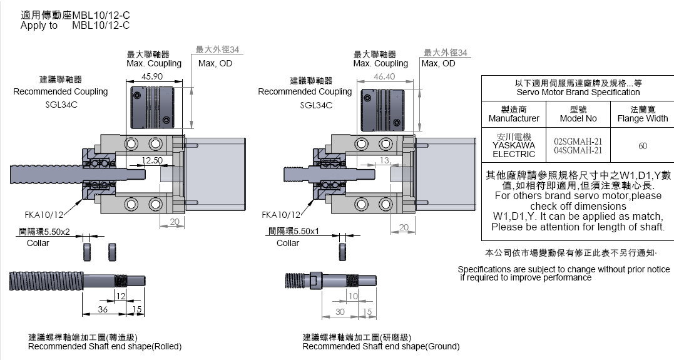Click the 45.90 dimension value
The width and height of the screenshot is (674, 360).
(153, 76)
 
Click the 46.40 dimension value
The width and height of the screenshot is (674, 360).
(384, 76)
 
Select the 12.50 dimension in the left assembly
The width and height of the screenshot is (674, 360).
(152, 161)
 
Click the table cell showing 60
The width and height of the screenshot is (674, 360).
(642, 146)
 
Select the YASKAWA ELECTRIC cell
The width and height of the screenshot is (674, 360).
(514, 146)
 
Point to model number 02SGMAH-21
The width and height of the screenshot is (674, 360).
(578, 141)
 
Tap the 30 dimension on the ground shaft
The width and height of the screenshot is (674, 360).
(340, 312)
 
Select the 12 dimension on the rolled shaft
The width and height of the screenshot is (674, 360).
(121, 296)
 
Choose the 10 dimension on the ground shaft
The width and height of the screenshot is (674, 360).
(354, 296)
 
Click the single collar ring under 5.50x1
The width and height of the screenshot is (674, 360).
(343, 252)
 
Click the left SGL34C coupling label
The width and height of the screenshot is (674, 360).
(61, 105)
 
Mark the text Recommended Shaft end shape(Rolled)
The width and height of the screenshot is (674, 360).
(105, 346)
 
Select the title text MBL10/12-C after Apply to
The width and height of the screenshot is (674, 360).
(101, 25)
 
